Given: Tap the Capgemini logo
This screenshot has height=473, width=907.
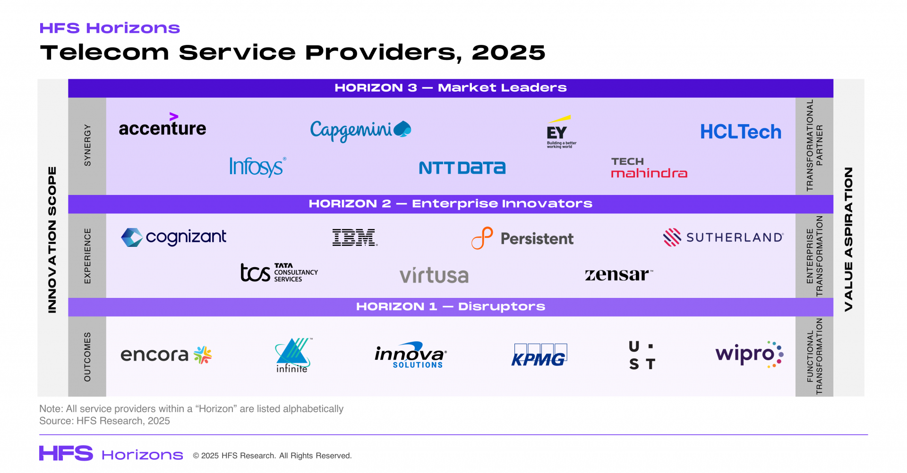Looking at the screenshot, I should pyautogui.click(x=360, y=130).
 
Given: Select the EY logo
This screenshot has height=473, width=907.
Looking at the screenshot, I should pyautogui.click(x=560, y=132).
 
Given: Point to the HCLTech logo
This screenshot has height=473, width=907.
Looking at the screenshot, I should pyautogui.click(x=740, y=132).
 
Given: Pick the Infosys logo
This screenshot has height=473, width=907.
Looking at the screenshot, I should pyautogui.click(x=257, y=167).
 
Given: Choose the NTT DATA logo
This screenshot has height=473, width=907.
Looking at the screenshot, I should pyautogui.click(x=462, y=168).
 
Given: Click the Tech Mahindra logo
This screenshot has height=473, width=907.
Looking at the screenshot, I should pyautogui.click(x=649, y=168).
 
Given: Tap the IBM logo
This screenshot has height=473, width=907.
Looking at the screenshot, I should pyautogui.click(x=354, y=237).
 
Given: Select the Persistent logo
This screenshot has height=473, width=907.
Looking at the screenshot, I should pyautogui.click(x=522, y=238).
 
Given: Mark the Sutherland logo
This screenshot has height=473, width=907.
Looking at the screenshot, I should pyautogui.click(x=723, y=237).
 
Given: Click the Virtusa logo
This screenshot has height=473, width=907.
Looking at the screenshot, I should pyautogui.click(x=434, y=275).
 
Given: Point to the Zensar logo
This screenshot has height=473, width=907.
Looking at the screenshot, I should pyautogui.click(x=618, y=274).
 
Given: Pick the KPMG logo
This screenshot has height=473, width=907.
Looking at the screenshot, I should pyautogui.click(x=539, y=355).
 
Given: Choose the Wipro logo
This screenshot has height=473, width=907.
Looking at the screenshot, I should pyautogui.click(x=749, y=354).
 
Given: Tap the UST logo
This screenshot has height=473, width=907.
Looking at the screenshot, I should pyautogui.click(x=642, y=355).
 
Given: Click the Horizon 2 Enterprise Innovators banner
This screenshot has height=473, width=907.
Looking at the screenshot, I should pyautogui.click(x=450, y=204).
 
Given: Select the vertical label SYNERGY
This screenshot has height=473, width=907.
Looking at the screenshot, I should pyautogui.click(x=87, y=145).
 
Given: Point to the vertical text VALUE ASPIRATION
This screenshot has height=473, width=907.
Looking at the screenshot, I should pyautogui.click(x=848, y=239).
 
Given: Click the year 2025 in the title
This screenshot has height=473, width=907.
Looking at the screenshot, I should pyautogui.click(x=508, y=52).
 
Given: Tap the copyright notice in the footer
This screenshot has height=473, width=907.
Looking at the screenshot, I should pyautogui.click(x=272, y=456).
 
